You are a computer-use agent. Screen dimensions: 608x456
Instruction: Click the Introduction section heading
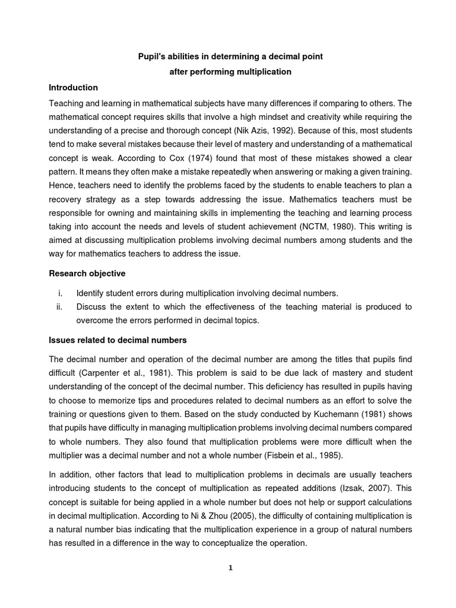(74, 87)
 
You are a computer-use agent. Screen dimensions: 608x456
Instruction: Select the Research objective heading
(87, 274)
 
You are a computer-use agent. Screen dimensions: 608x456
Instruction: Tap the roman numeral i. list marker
(59, 293)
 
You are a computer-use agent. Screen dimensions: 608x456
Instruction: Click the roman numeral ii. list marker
(59, 307)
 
